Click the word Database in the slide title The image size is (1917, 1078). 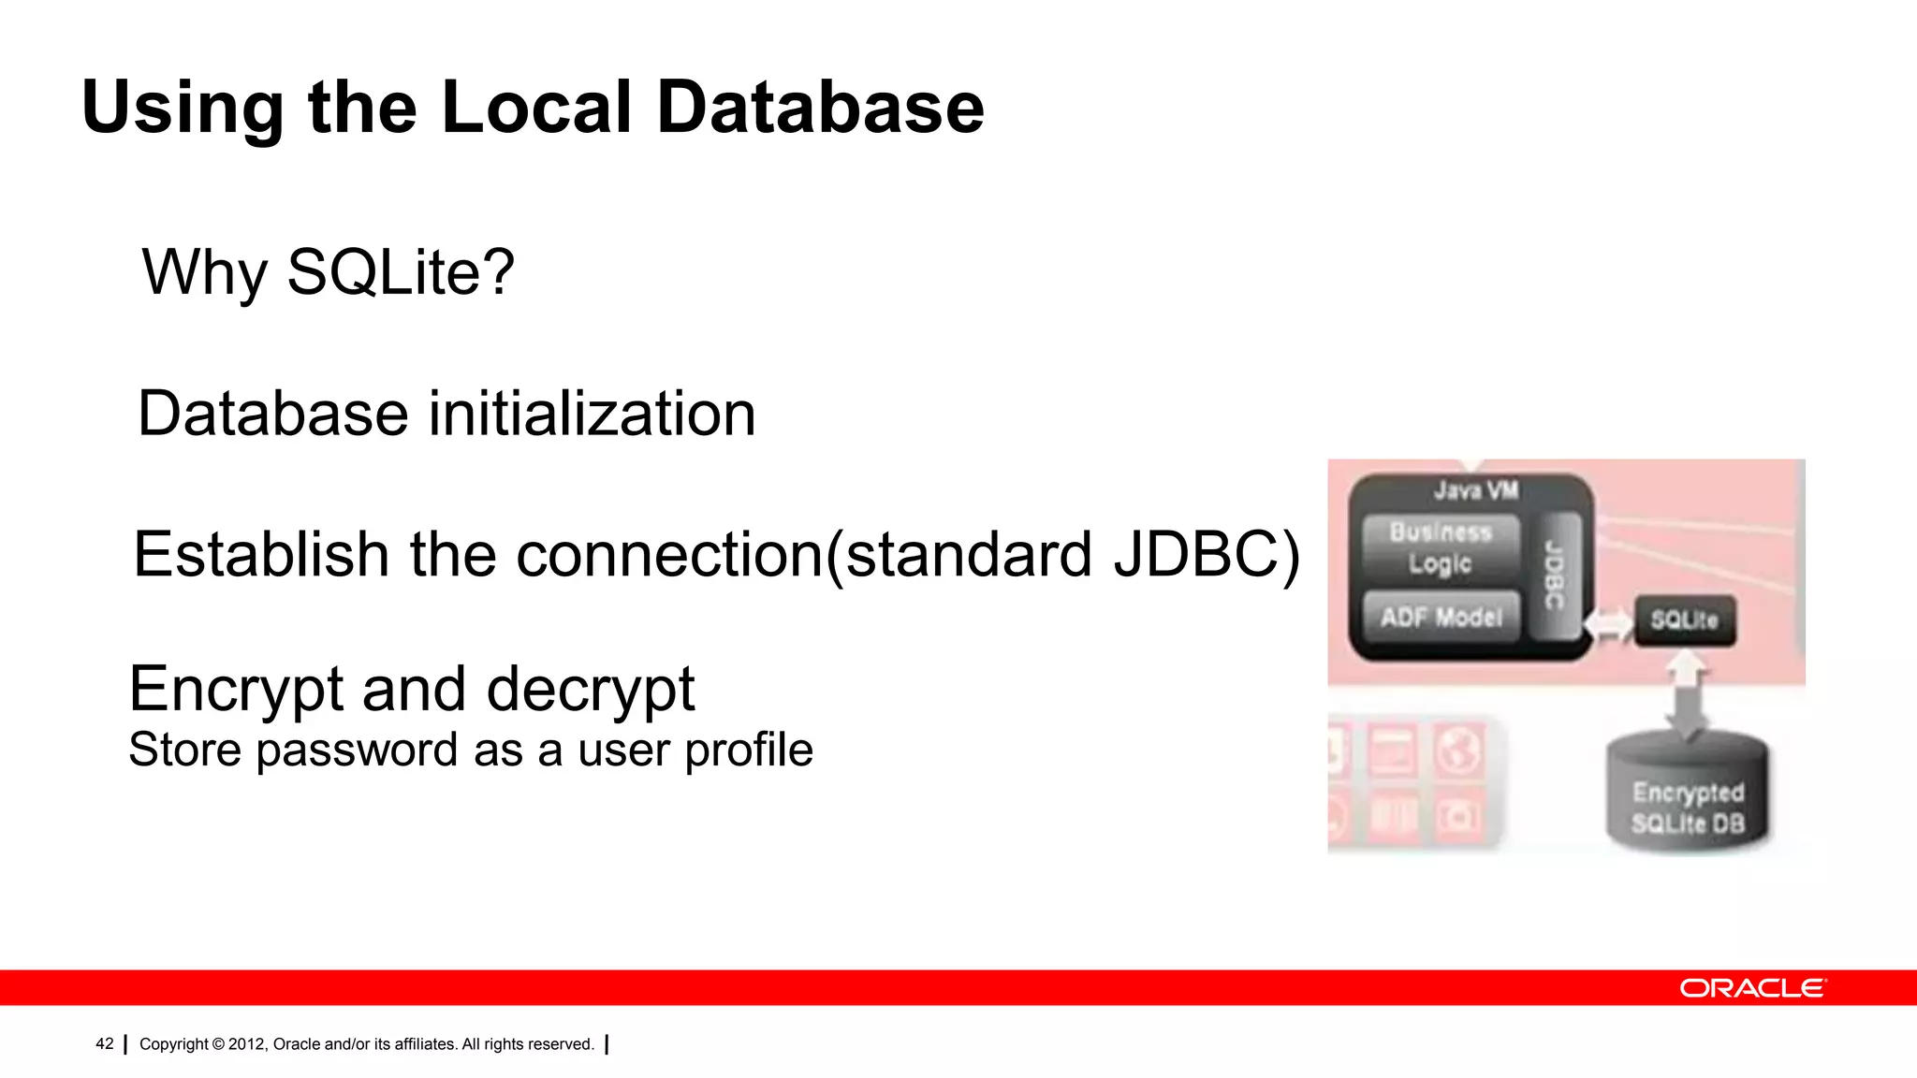820,108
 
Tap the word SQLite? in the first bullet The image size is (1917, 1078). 401,272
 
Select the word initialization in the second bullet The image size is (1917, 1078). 592,414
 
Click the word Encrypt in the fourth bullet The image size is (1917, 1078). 236,690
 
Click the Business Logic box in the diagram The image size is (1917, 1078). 1441,547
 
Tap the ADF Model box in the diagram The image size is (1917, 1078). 1441,617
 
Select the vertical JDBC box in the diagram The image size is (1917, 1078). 1554,575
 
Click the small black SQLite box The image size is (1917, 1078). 1685,620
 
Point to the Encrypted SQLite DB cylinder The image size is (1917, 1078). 1688,795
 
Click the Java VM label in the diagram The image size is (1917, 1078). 1476,490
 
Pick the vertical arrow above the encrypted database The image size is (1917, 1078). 1688,692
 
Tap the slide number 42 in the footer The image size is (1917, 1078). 105,1043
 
